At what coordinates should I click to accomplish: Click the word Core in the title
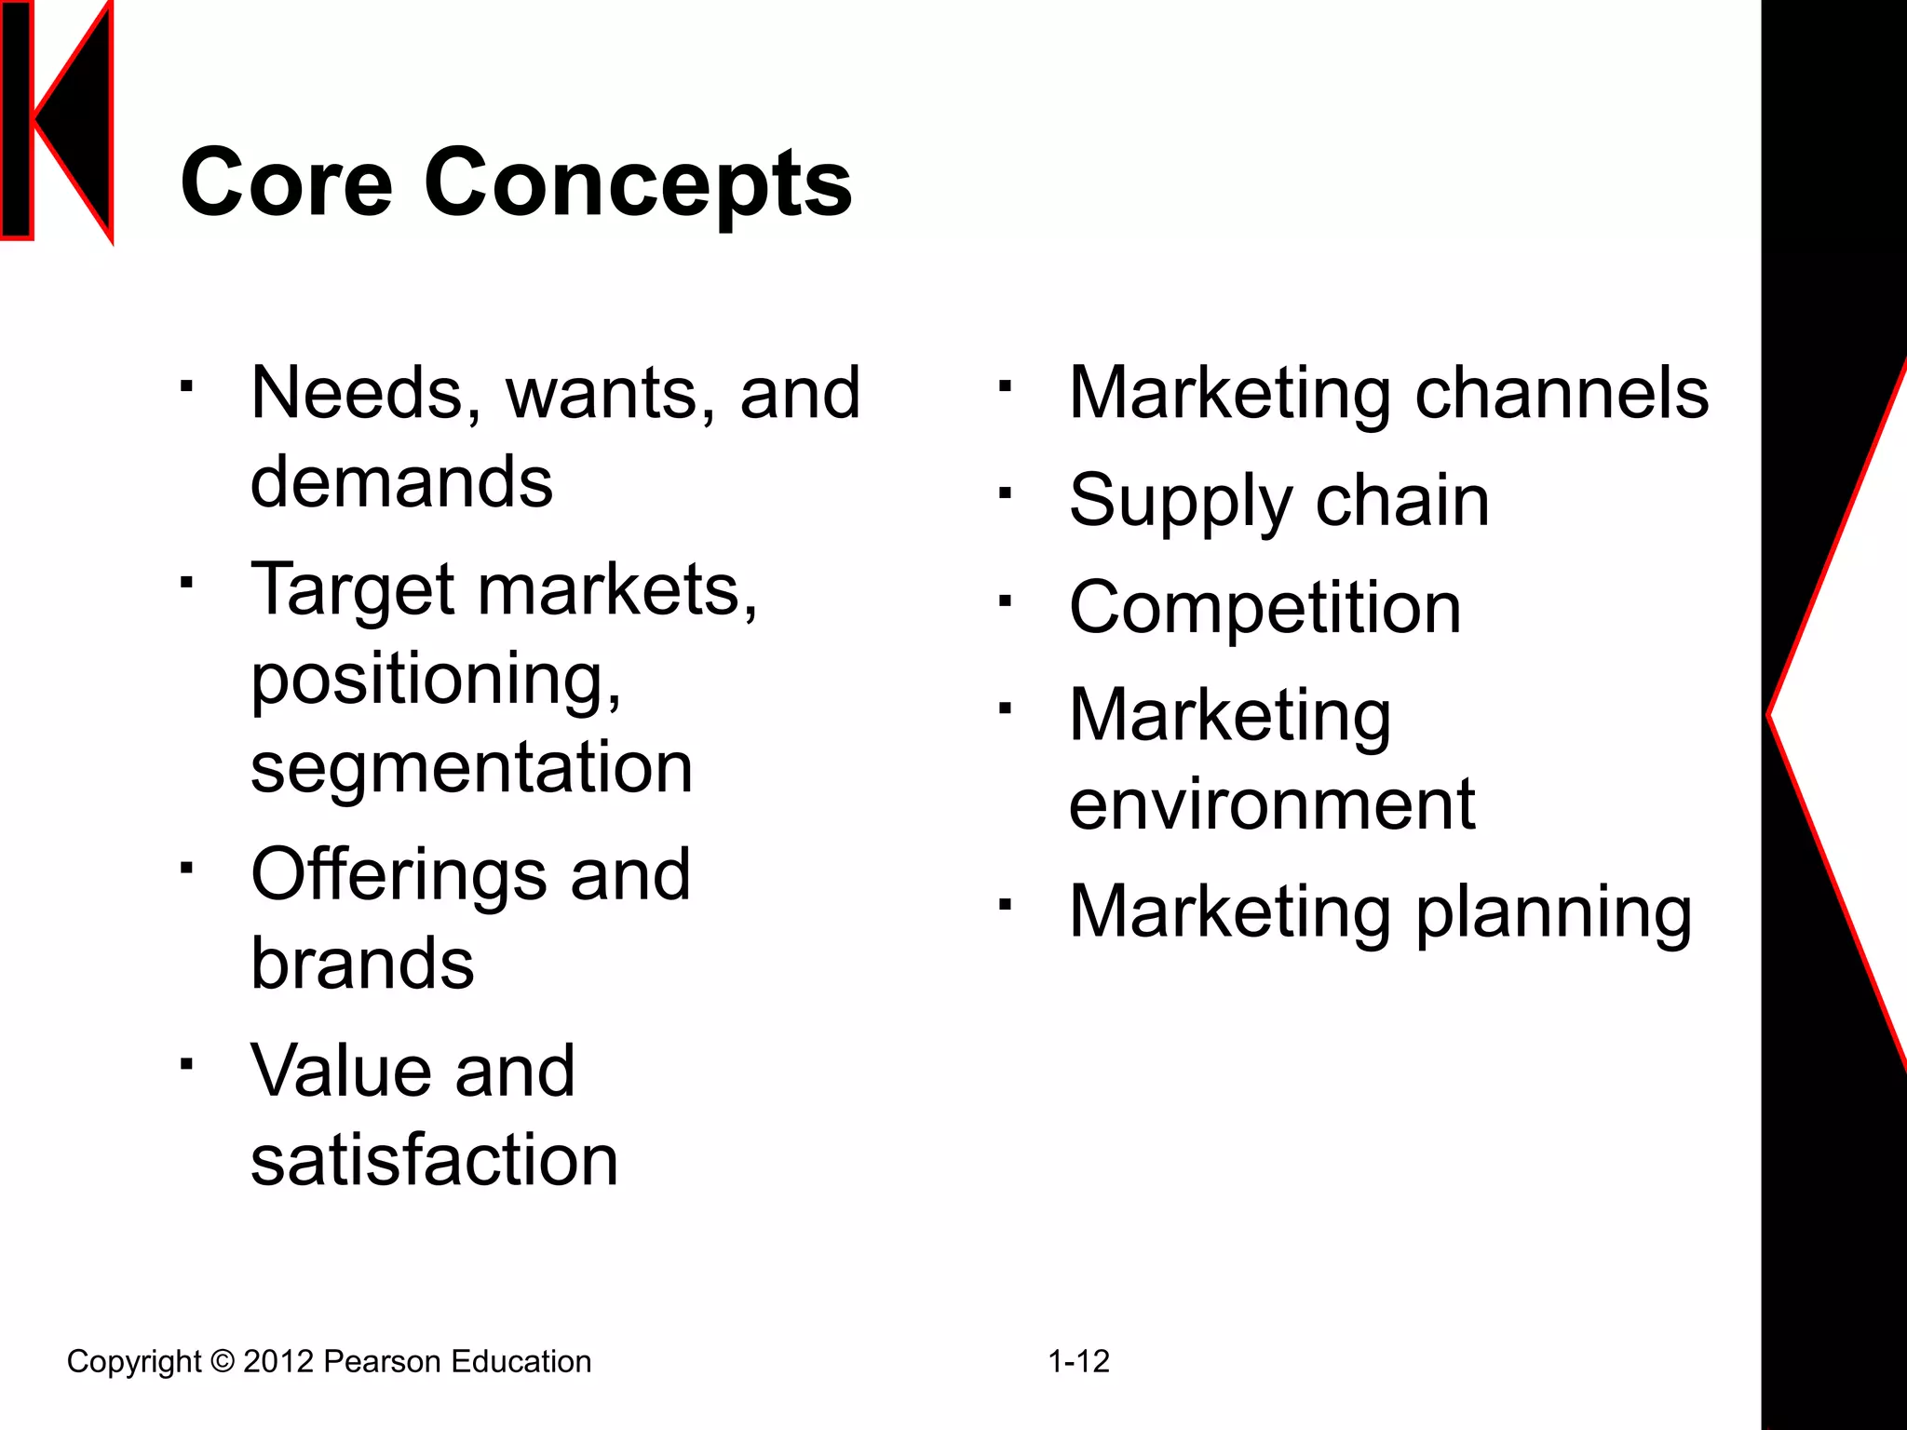[x=286, y=182]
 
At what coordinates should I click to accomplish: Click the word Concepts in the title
[x=638, y=184]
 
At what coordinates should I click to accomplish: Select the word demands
[x=401, y=482]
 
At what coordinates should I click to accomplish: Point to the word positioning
[x=436, y=680]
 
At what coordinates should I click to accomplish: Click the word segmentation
[x=471, y=768]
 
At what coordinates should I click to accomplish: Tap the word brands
[x=362, y=963]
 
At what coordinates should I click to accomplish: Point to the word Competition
[x=1265, y=608]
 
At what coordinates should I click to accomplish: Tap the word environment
[x=1271, y=803]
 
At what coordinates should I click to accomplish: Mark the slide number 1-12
[x=1078, y=1362]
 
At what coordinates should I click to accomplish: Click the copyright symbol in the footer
[x=223, y=1362]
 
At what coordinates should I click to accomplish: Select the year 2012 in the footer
[x=277, y=1362]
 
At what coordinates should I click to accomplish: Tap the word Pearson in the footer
[x=382, y=1362]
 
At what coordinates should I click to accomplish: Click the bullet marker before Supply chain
[x=1004, y=494]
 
